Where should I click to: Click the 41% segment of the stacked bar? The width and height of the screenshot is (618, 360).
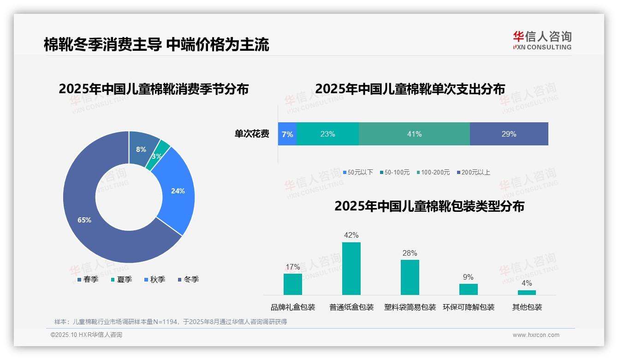pos(414,134)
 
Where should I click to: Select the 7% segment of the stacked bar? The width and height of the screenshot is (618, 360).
pos(287,134)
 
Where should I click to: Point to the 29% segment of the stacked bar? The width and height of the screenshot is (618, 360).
pos(509,134)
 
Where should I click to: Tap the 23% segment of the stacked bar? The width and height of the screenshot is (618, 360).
pos(327,134)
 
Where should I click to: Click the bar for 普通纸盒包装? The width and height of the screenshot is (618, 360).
pos(351,269)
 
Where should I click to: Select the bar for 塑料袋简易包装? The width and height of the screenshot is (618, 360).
pos(410,277)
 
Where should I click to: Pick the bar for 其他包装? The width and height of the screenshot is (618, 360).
pos(527,292)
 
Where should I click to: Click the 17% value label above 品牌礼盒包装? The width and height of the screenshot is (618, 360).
pos(292,267)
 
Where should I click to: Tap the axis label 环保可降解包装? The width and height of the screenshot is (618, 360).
pos(468,307)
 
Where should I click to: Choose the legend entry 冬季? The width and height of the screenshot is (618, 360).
pos(188,279)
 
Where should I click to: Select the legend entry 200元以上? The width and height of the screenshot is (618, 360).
pos(473,172)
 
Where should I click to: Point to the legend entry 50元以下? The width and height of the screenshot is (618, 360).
pos(358,172)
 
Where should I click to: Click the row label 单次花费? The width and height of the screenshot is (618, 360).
pos(252,134)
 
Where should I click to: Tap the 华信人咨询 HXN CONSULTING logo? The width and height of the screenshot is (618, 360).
pos(542,41)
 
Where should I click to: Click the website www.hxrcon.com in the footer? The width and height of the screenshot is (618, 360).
pos(536,335)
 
